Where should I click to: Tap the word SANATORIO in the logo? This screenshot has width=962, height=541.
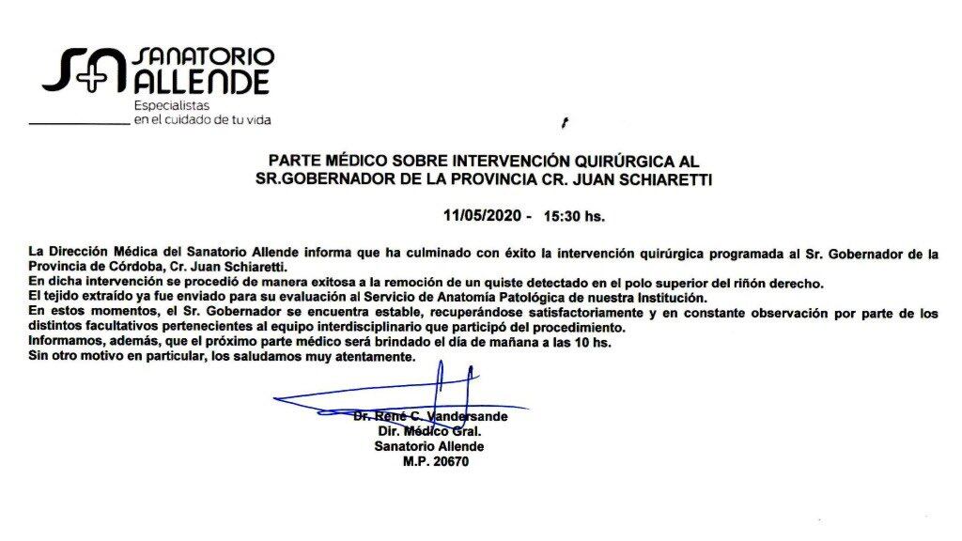pyautogui.click(x=205, y=55)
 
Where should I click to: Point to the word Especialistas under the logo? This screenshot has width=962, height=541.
pyautogui.click(x=170, y=105)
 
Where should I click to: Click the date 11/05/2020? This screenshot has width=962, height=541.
pyautogui.click(x=484, y=215)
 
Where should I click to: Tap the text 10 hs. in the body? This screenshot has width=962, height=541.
pyautogui.click(x=588, y=342)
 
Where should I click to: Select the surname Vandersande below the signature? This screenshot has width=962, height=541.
pyautogui.click(x=467, y=416)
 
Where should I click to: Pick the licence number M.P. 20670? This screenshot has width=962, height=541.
pyautogui.click(x=435, y=462)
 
